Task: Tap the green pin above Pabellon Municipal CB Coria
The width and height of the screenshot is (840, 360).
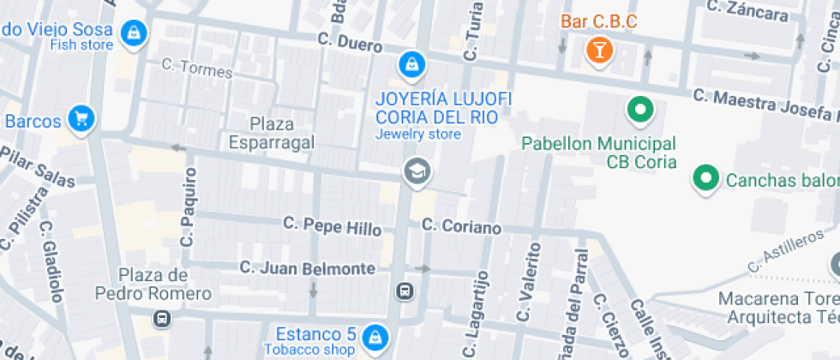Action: click(639, 110)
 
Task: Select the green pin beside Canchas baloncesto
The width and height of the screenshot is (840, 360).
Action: click(705, 178)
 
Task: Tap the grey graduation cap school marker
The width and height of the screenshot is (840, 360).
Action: click(417, 171)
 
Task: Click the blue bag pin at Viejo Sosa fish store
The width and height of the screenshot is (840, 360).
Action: click(134, 33)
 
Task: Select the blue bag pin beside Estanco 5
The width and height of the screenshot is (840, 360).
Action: click(374, 336)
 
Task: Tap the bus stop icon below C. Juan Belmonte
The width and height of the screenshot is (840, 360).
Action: click(405, 292)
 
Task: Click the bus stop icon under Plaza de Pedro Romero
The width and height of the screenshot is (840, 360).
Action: click(160, 319)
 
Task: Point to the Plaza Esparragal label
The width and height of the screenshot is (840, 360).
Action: click(271, 133)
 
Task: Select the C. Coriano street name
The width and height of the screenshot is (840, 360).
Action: click(461, 227)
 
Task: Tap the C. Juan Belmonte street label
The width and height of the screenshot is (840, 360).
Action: click(308, 268)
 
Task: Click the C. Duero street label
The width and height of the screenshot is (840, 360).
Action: click(350, 41)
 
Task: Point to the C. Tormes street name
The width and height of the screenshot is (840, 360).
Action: click(196, 69)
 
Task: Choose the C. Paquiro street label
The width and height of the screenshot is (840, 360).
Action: click(188, 207)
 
